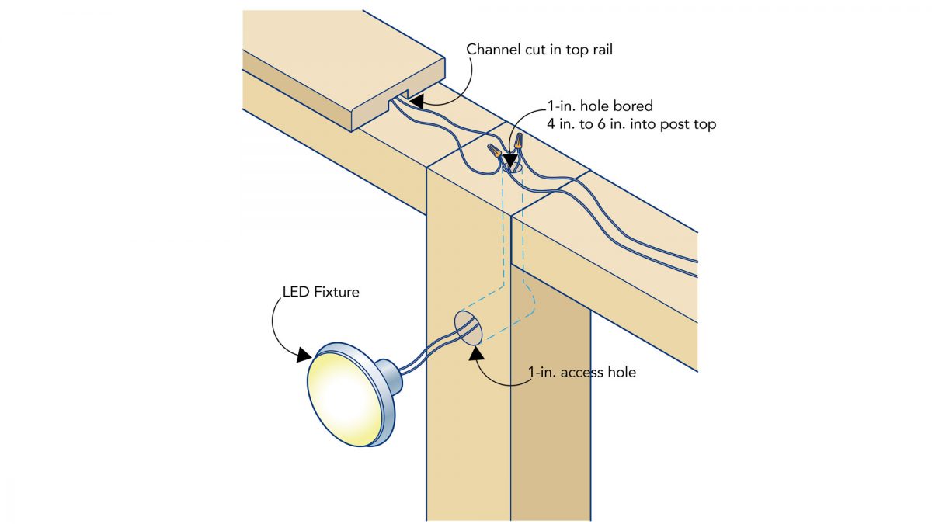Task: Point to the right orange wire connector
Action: [x=516, y=142]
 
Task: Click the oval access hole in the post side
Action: [x=468, y=328]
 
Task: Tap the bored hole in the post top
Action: [x=510, y=166]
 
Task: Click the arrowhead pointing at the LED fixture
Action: [x=304, y=355]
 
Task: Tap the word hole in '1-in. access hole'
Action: [x=621, y=373]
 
